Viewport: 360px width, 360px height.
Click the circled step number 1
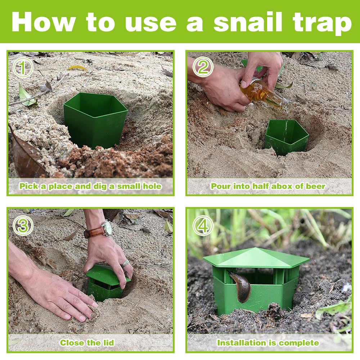(x=23, y=67)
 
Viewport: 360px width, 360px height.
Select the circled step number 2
(x=203, y=67)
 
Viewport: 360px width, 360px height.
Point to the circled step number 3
(x=23, y=225)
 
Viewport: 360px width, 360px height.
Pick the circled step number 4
(x=203, y=225)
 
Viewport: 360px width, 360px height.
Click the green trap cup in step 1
(x=95, y=120)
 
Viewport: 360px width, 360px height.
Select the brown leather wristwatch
(x=98, y=230)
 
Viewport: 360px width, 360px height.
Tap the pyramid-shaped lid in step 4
(x=256, y=258)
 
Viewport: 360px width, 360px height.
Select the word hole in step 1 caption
(x=152, y=186)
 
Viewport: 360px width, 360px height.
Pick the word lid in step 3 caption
(x=109, y=343)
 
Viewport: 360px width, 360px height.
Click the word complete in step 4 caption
(x=299, y=343)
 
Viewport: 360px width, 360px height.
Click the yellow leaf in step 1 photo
(x=77, y=68)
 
